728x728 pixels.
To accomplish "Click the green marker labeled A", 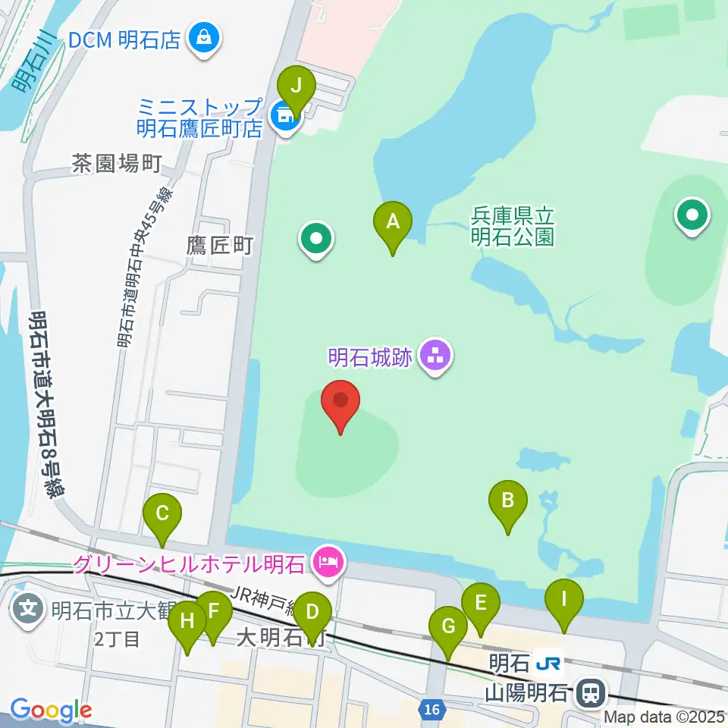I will tap(393, 222).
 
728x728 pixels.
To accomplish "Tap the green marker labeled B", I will tap(508, 500).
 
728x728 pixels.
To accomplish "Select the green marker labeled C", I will tap(162, 513).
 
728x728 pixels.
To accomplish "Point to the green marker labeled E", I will tap(481, 604).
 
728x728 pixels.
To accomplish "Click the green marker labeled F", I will tap(213, 611).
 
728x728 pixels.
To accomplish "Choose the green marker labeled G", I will tap(448, 627).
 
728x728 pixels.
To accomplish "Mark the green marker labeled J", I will tap(297, 85).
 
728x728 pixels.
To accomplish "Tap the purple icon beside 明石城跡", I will tap(435, 354).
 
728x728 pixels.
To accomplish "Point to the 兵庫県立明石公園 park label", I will tap(513, 225).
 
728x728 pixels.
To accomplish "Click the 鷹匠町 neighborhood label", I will tap(219, 245).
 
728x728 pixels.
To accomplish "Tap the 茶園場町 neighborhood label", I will tap(117, 163).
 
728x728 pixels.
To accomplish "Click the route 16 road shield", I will tap(431, 710).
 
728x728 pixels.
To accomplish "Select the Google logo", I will tap(51, 711).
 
